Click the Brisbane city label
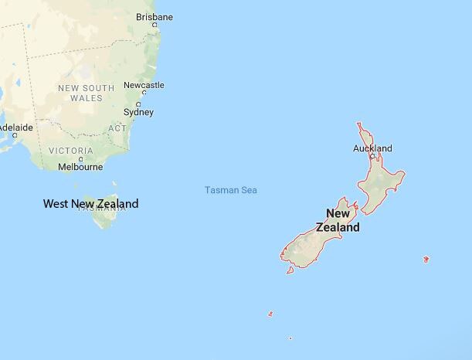(155, 16)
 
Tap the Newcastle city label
(144, 85)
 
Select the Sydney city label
(138, 112)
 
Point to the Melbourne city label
(80, 166)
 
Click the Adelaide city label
(15, 127)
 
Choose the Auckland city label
(372, 148)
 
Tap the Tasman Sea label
(231, 190)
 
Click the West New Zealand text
(91, 204)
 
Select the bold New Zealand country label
(338, 220)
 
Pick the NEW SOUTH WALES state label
(86, 93)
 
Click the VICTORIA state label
(71, 150)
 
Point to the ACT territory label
(117, 128)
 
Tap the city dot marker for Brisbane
(155, 25)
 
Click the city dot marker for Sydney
(138, 104)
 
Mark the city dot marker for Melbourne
(80, 158)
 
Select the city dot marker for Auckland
(372, 156)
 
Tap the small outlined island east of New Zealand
(426, 259)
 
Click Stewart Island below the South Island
(290, 270)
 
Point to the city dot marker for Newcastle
(140, 93)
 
